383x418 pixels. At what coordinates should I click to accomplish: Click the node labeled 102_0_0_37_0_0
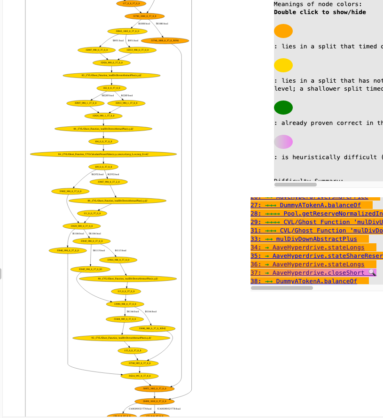[x=111, y=88]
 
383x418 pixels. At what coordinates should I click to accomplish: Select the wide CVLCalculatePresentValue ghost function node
[x=103, y=154]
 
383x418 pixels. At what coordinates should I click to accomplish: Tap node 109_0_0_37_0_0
[x=103, y=167]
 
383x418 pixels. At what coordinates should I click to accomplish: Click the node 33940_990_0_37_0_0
[x=67, y=250]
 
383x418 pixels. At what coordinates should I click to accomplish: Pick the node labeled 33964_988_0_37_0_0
[x=118, y=260]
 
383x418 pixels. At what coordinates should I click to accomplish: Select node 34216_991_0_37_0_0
[x=140, y=376]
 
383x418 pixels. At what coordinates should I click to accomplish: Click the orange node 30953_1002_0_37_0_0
[x=154, y=388]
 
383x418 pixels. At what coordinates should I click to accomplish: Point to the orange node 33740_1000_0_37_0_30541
[x=165, y=40]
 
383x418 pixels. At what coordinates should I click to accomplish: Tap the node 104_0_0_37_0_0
[x=103, y=141]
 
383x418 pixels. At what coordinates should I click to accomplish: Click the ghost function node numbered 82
[x=111, y=75]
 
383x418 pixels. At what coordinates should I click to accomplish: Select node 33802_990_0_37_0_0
[x=70, y=191]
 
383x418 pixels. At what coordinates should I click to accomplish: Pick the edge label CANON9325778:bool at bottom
[x=169, y=409]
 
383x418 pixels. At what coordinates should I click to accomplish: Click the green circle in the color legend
[x=283, y=108]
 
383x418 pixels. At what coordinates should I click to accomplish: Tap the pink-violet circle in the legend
[x=283, y=142]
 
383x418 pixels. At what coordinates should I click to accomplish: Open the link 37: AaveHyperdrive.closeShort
[x=320, y=273]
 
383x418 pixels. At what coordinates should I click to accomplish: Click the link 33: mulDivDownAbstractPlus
[x=310, y=239]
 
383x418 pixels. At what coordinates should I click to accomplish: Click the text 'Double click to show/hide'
[x=320, y=12]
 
